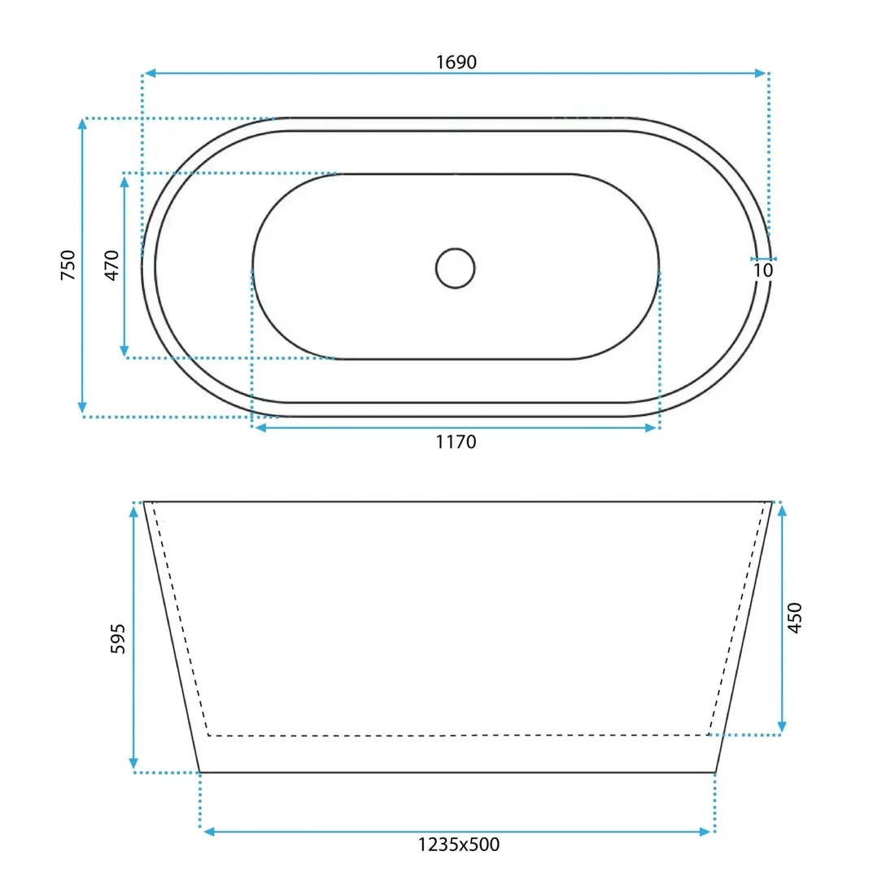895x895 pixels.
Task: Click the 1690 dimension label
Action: [456, 62]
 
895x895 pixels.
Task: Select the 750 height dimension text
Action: [68, 265]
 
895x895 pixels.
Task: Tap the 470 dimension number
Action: [112, 265]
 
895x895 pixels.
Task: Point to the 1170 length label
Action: [456, 442]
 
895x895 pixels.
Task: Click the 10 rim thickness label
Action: [763, 270]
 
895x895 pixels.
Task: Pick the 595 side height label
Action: [118, 639]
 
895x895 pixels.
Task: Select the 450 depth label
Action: [795, 618]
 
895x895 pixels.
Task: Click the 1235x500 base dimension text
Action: [458, 845]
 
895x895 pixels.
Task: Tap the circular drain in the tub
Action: [455, 268]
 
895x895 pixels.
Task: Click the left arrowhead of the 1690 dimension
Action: [150, 73]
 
